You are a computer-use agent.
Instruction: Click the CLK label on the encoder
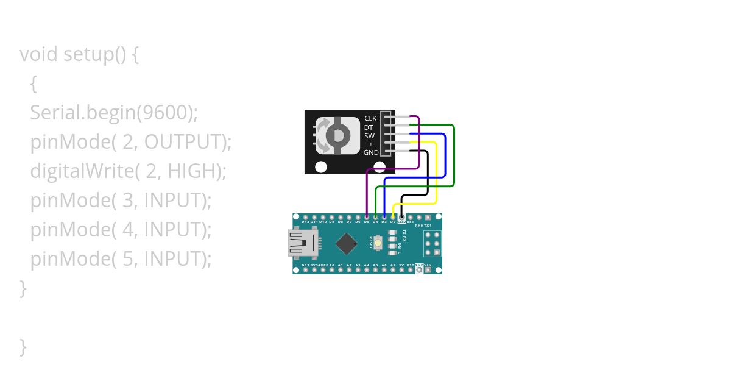(370, 118)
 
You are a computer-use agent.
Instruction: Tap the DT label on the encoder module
(369, 127)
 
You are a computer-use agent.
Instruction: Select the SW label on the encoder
(369, 136)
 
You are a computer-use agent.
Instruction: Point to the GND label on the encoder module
(371, 152)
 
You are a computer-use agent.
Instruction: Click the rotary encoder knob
(337, 134)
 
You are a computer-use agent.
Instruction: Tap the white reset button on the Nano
(378, 243)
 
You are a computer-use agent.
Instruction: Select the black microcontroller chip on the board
(346, 244)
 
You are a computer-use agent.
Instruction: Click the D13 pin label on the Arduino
(305, 265)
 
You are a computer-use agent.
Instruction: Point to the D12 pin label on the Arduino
(305, 222)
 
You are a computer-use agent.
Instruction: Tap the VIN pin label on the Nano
(428, 265)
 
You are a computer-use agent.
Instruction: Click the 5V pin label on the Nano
(401, 265)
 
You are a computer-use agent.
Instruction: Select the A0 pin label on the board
(331, 265)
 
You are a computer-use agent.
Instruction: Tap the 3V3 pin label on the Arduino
(314, 265)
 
